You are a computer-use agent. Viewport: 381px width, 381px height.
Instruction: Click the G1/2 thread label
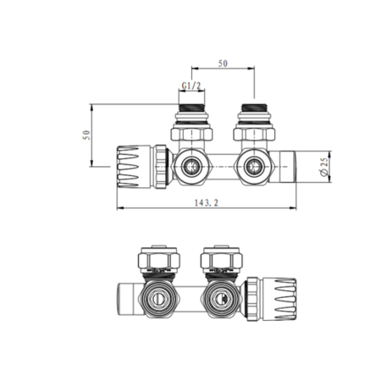(192, 86)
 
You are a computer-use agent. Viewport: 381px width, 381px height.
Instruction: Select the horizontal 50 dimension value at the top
(224, 64)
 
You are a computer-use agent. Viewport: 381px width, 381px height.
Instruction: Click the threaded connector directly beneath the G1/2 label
(192, 110)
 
